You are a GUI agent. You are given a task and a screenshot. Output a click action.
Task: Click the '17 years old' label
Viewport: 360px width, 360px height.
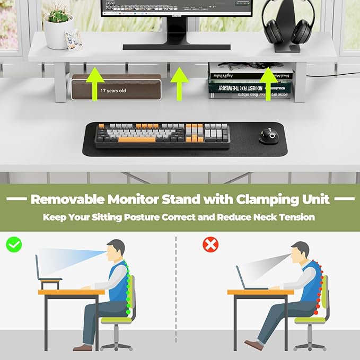pyautogui.click(x=113, y=91)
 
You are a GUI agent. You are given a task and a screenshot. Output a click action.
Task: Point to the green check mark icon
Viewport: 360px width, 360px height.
pyautogui.click(x=14, y=244)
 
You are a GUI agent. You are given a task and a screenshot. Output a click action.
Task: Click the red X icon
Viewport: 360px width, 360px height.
pyautogui.click(x=210, y=244)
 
